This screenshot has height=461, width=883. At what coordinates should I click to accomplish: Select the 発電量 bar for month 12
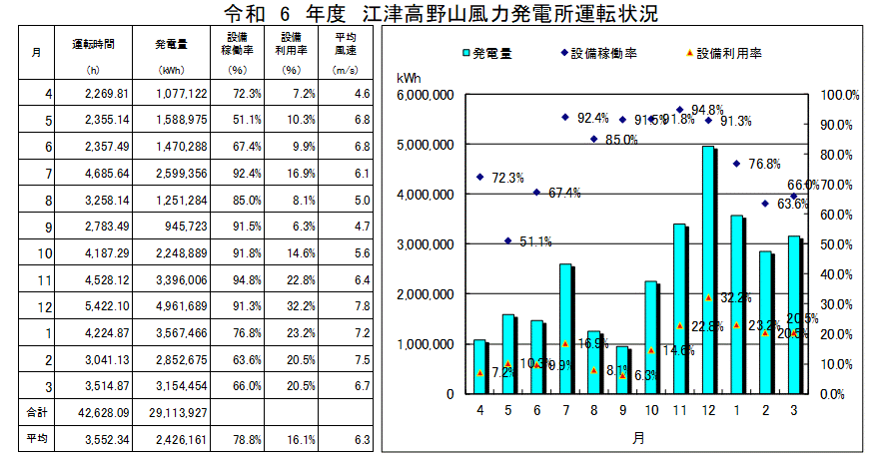pos(708,269)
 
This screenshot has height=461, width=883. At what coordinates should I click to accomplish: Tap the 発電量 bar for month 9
pos(623,369)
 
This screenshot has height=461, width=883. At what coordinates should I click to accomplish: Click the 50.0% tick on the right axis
pos(840,244)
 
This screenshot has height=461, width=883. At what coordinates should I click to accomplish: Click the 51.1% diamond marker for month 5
pos(508,240)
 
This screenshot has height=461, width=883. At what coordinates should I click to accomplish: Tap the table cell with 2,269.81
pos(101,94)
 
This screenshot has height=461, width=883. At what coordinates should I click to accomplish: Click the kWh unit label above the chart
pos(409,77)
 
